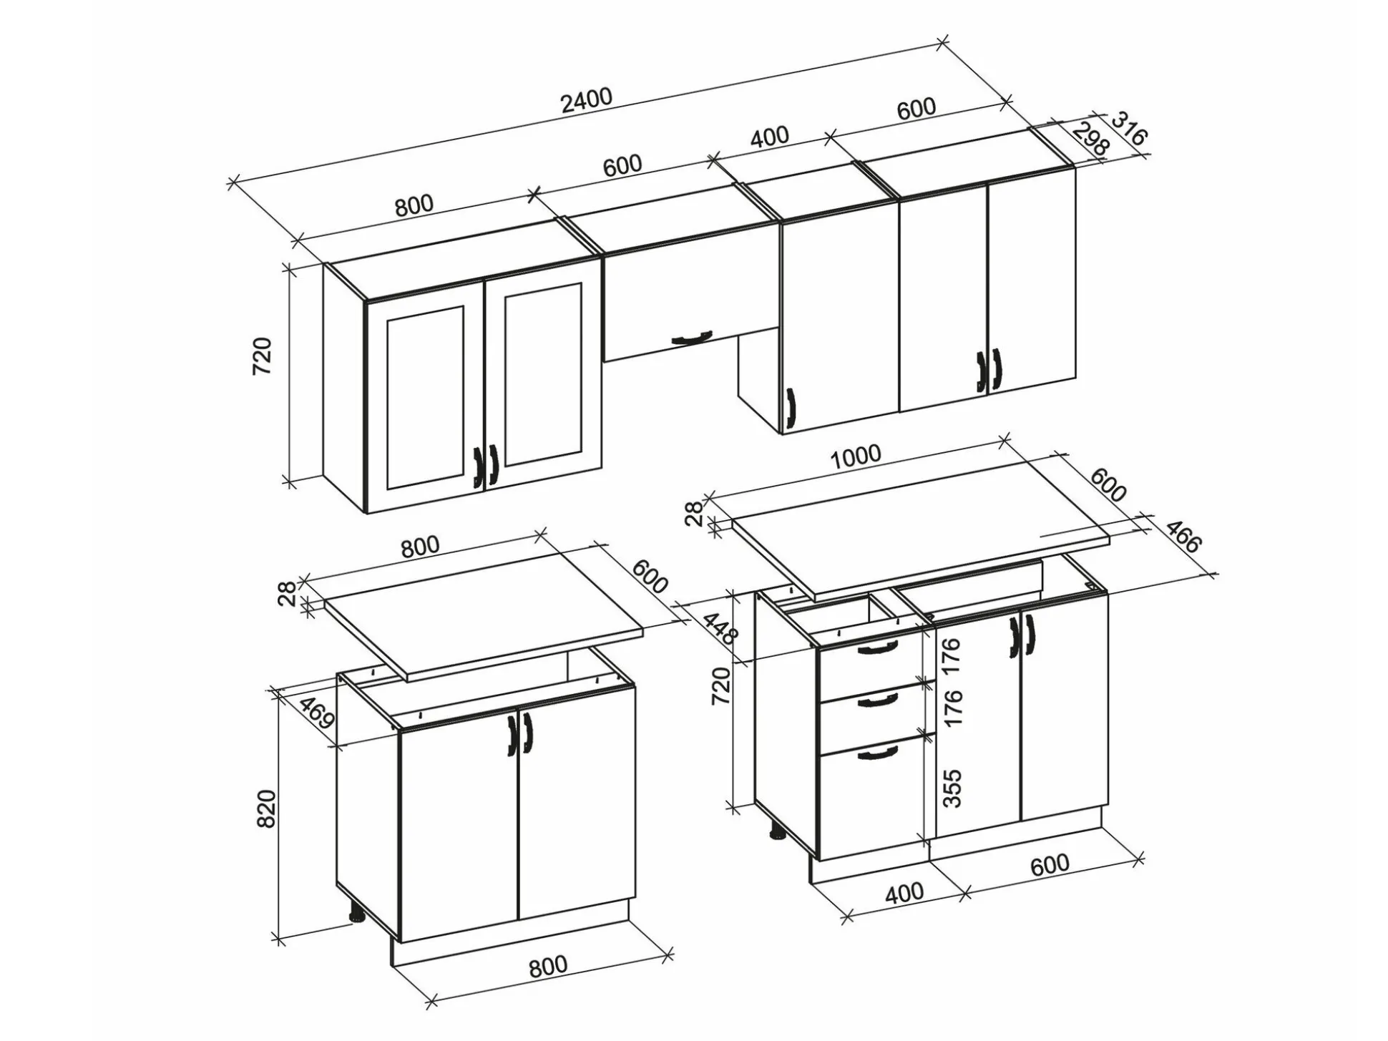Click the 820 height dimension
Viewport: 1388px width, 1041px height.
point(266,808)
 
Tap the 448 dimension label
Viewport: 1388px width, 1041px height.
point(720,628)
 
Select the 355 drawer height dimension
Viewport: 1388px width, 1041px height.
point(952,788)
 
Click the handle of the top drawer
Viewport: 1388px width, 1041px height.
point(876,647)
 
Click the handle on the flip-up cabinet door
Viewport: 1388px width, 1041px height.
point(692,338)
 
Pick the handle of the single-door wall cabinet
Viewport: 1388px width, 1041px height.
point(790,411)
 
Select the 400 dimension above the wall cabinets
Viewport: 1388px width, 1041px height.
point(769,137)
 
